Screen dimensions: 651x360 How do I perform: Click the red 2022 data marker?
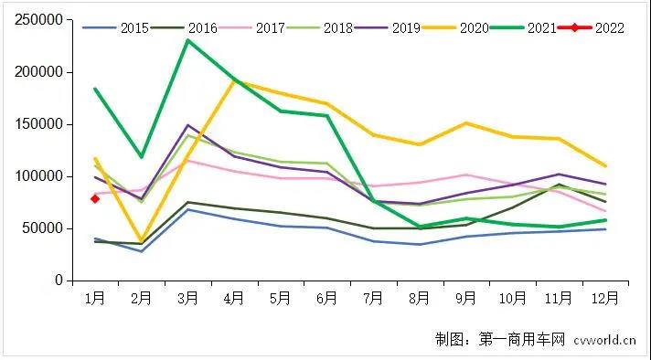coord(95,199)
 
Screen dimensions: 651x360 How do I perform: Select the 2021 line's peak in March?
coord(187,40)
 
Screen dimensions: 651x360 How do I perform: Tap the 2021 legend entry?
coord(523,27)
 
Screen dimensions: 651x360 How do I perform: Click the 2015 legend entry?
coord(116,27)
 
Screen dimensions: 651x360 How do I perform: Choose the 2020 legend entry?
coord(455,27)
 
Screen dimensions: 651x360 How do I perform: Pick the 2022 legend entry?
coord(592,27)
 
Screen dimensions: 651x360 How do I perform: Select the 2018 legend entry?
coord(319,27)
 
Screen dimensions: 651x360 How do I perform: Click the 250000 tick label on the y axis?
coord(39,20)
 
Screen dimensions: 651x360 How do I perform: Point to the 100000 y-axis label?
coord(39,176)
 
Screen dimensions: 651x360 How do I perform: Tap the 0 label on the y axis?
coord(59,281)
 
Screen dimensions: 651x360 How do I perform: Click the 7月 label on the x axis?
coord(373,298)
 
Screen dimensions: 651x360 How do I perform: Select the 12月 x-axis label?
coord(605,298)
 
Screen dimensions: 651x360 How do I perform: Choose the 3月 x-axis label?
coord(187,298)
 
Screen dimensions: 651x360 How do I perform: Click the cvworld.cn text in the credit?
coord(605,340)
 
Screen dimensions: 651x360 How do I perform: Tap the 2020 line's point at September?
coord(466,122)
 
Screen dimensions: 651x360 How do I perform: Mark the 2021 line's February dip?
coord(142,157)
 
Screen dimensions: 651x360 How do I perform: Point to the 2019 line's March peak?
coord(187,125)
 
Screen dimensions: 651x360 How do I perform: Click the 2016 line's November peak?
coord(560,185)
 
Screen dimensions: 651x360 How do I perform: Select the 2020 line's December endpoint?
coord(605,166)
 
